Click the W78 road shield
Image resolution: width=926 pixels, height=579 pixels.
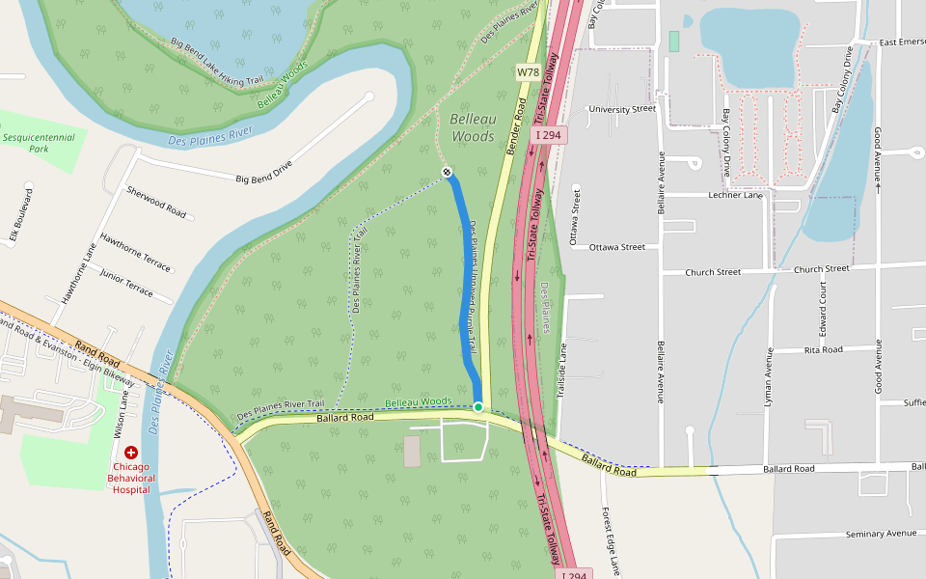(528, 72)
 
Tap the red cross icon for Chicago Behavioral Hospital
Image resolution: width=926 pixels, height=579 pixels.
(130, 452)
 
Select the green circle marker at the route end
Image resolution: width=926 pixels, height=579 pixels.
(477, 407)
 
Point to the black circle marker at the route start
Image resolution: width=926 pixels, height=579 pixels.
(447, 172)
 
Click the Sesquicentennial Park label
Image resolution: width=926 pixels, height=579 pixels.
(39, 143)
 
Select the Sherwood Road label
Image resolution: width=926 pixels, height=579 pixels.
(155, 202)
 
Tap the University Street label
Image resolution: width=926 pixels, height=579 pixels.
(621, 109)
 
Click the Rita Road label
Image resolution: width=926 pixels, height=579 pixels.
(823, 349)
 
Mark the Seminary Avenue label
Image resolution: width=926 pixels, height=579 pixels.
(880, 534)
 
